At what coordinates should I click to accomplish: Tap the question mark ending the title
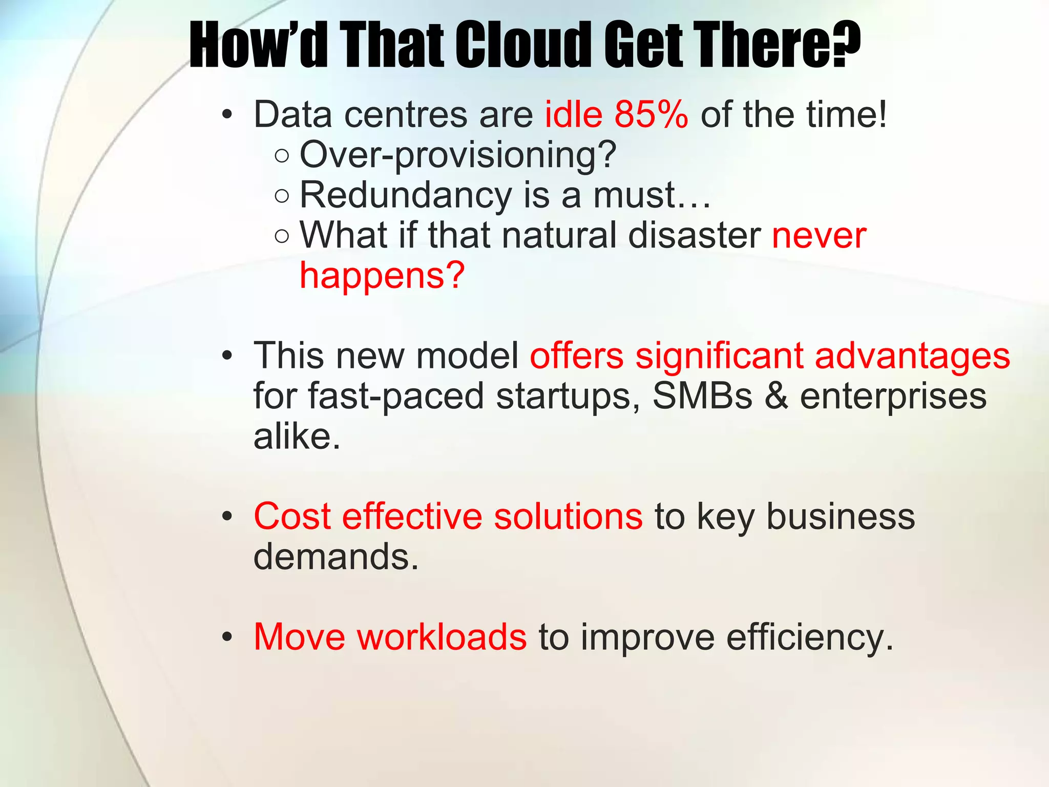(x=845, y=45)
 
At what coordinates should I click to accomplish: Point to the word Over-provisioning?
(x=458, y=155)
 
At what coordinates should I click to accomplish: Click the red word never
(x=819, y=236)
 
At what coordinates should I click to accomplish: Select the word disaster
(x=694, y=236)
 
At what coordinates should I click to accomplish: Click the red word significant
(x=719, y=356)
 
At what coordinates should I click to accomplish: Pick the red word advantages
(x=912, y=356)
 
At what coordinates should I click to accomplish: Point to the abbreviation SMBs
(x=702, y=396)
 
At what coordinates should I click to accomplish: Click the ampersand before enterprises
(x=776, y=396)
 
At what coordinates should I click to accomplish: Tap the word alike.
(x=297, y=437)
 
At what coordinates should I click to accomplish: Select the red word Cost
(x=292, y=516)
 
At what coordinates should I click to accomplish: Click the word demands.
(x=336, y=557)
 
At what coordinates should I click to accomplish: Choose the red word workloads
(x=442, y=637)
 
